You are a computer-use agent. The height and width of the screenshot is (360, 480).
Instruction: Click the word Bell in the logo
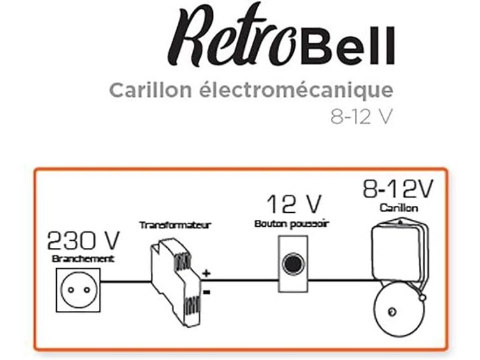pos(347,46)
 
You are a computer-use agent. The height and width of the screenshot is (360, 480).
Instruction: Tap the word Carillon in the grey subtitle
pos(150,90)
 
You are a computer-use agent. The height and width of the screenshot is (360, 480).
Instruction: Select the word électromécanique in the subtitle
pos(296,91)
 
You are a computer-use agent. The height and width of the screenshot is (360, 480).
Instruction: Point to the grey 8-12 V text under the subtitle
pos(361,117)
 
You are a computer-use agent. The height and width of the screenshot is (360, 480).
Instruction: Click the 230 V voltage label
pos(84,240)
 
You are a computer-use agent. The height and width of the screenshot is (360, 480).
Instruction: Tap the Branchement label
pos(83,259)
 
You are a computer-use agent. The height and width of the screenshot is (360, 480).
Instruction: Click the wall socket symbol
pos(78,290)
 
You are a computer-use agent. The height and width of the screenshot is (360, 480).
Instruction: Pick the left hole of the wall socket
pos(71,290)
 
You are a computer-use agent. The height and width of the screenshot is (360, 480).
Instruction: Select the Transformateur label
pos(175,226)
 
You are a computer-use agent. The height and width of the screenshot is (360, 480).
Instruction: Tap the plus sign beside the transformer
pos(207,273)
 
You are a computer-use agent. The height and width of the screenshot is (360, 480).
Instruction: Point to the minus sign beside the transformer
pos(207,292)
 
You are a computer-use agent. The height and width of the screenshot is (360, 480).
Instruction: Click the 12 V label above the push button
pos(295,204)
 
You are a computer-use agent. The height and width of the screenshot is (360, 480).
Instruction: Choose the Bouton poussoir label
pos(291,224)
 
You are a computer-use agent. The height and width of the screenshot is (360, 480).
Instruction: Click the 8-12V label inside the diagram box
pos(398,189)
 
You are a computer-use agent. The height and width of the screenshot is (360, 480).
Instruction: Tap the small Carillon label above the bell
pos(399,208)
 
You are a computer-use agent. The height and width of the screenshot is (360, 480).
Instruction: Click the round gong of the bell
pos(400,309)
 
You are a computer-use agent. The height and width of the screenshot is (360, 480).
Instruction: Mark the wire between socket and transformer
pos(126,282)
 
